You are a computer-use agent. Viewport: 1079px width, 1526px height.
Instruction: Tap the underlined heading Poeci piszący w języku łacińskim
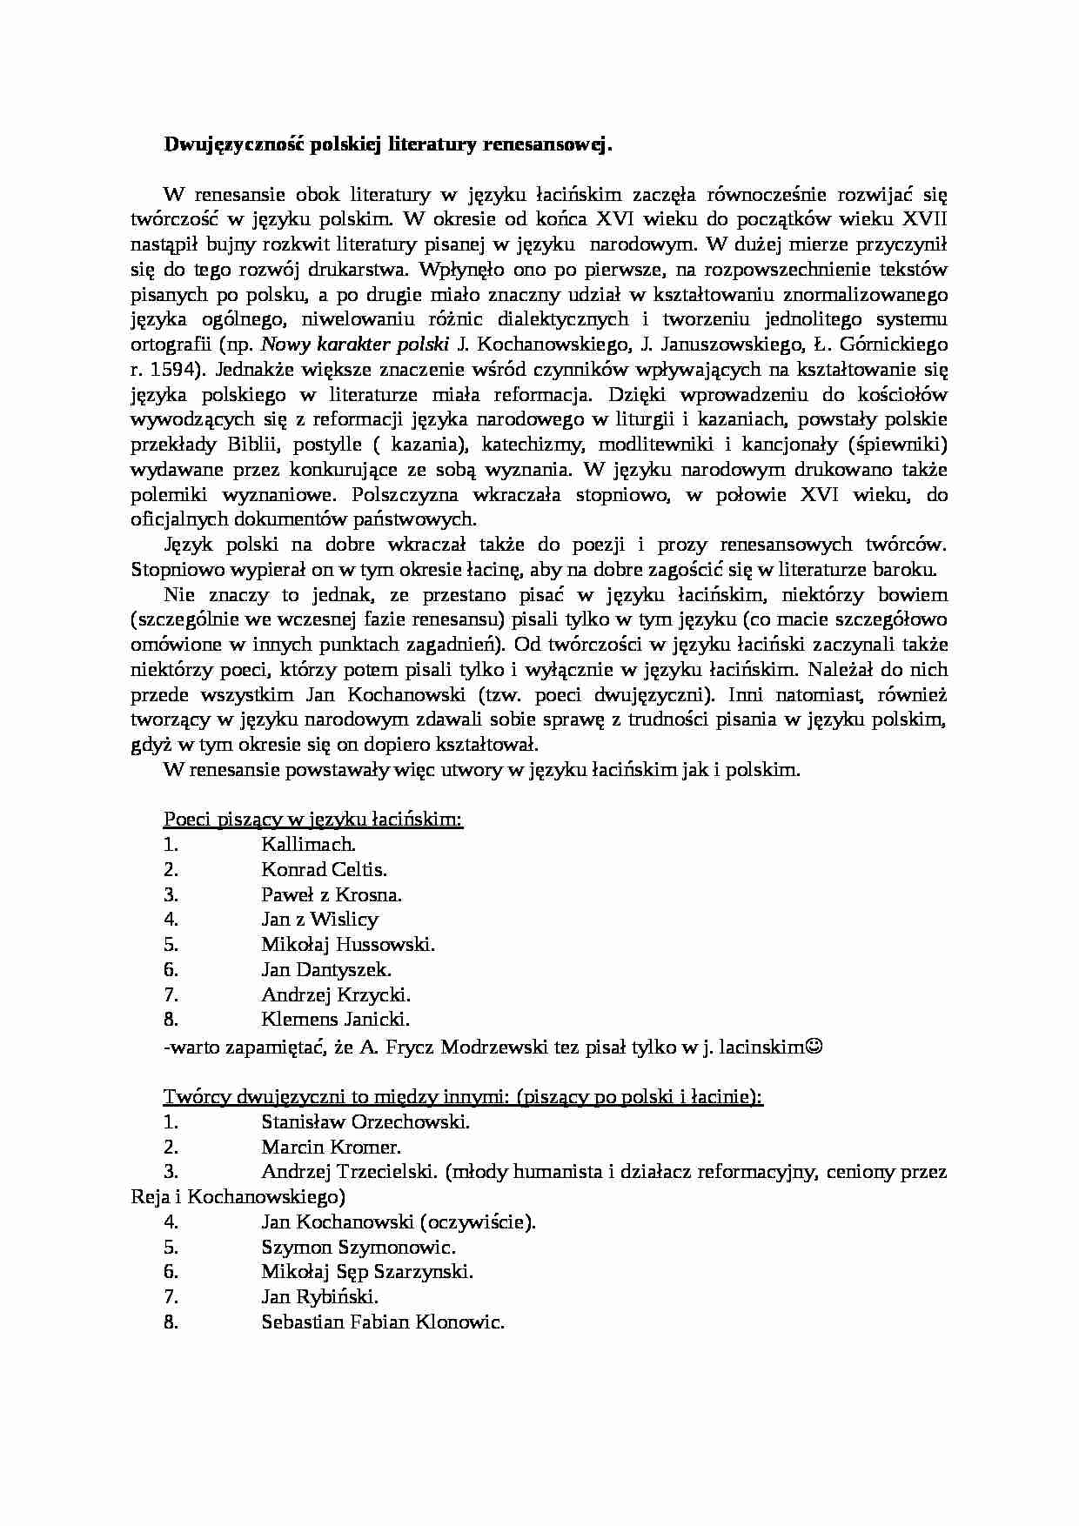[312, 819]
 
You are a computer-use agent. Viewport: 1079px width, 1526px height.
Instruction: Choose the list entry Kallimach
[308, 844]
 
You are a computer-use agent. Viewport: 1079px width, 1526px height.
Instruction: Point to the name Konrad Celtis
[324, 869]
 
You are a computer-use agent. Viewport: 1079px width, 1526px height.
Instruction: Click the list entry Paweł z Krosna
[332, 894]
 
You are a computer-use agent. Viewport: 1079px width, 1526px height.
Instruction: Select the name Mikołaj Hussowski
[347, 945]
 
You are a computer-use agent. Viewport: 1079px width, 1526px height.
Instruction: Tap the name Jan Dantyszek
[326, 970]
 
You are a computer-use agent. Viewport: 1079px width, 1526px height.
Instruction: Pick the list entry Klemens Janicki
[335, 1020]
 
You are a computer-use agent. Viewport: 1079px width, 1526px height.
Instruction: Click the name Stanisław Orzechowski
[365, 1121]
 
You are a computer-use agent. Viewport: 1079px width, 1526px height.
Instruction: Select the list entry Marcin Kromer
[331, 1147]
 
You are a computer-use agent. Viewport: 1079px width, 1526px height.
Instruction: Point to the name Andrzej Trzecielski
[348, 1172]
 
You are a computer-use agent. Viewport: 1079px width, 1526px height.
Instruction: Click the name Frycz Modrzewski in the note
[465, 1047]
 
